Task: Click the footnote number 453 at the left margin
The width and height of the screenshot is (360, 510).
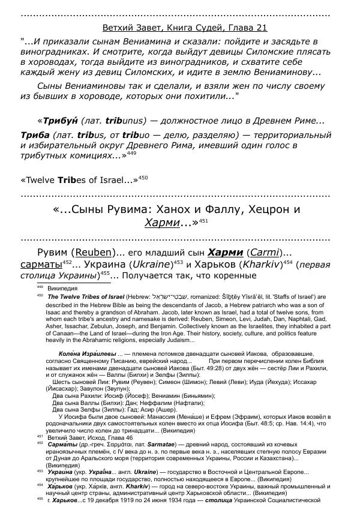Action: [x=40, y=472]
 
